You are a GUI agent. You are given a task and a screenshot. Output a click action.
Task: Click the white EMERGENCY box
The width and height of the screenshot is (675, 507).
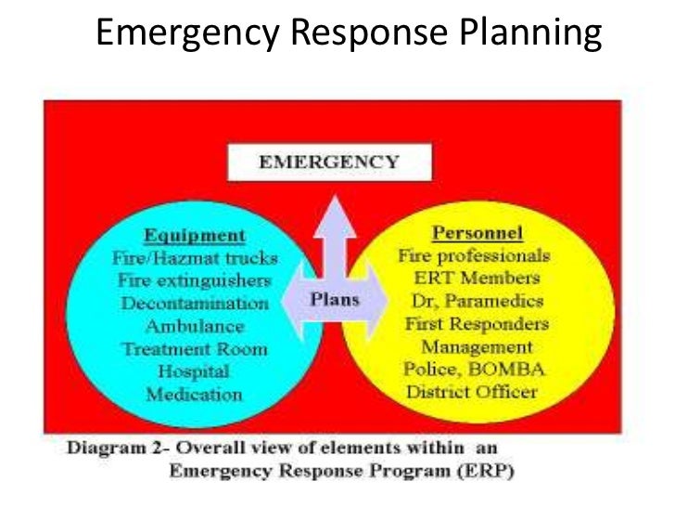coord(329,162)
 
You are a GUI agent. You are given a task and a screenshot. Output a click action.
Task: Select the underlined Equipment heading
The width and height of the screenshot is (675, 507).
coord(194,235)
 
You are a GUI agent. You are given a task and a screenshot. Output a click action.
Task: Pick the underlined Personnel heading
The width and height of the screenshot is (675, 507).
coord(478,232)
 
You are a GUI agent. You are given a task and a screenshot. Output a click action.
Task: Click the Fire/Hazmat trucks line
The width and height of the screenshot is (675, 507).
coord(194,258)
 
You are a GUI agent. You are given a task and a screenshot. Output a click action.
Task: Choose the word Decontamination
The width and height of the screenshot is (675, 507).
coord(194,304)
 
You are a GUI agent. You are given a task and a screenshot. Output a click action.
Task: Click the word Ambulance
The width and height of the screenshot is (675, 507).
coord(194,327)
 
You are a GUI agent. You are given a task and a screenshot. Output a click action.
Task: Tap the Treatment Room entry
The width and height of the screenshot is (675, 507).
coord(194,349)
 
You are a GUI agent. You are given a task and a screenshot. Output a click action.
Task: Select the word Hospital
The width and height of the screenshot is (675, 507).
coord(194,371)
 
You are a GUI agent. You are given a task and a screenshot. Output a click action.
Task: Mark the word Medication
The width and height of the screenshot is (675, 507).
coord(194,395)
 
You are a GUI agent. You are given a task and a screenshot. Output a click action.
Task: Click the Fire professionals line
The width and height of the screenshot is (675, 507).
coord(474,254)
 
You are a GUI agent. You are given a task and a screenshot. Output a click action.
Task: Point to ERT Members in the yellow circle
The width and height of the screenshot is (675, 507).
coord(476,278)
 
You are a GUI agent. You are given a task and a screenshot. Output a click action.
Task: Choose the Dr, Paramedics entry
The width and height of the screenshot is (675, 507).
coord(476,301)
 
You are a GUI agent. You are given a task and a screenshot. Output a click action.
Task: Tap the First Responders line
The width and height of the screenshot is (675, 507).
coord(476,324)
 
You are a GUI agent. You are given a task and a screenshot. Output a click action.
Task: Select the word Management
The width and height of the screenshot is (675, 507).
coord(477,347)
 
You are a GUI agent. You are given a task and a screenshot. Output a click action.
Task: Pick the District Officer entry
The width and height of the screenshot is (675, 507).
coord(472,392)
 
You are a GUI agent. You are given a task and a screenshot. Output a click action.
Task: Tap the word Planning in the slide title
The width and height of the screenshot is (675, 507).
coord(530,34)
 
